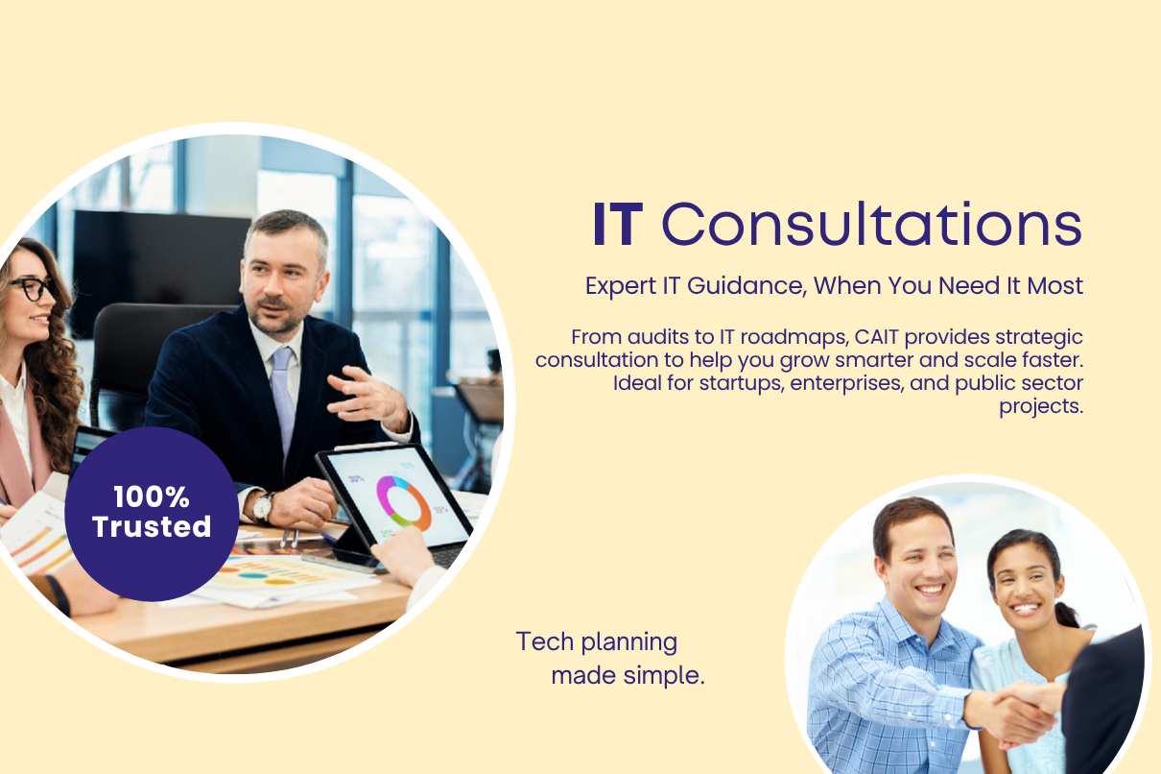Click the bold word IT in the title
617,224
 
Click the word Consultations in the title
872,224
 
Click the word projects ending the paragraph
1041,407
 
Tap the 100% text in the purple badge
152,497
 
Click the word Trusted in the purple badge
152,526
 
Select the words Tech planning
597,643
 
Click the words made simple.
628,676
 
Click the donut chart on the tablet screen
404,501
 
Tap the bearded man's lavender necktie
283,400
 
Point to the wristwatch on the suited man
264,506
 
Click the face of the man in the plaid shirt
921,566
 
